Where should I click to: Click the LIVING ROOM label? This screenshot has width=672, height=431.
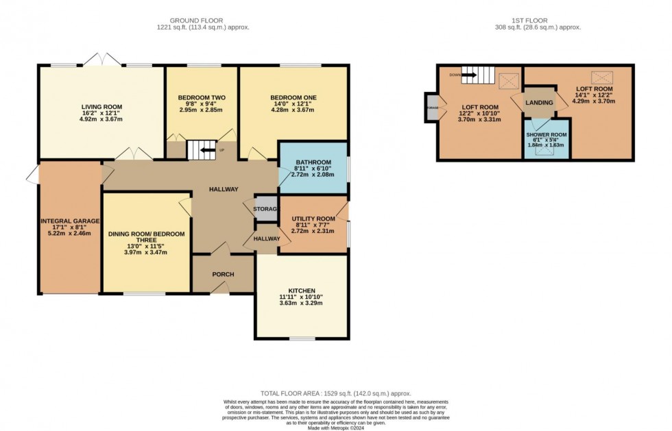pos(101,106)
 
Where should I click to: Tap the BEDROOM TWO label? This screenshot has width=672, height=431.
pos(201,97)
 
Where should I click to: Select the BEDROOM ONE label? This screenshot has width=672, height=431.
pos(293,97)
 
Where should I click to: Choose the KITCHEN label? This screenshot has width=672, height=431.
pos(302,291)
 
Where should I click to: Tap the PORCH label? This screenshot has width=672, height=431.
pos(223,275)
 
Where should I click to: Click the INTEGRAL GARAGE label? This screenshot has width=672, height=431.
pos(70,221)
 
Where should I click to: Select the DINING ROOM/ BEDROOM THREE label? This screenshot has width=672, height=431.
pos(147,237)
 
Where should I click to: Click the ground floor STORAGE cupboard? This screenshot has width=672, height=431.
pos(266,209)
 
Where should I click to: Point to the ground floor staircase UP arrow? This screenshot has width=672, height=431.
pos(204,148)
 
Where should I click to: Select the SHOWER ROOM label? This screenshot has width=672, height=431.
pos(547,134)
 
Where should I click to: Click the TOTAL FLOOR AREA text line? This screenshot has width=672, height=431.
pos(335,393)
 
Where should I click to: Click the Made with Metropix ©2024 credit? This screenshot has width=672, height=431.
pos(335,428)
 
